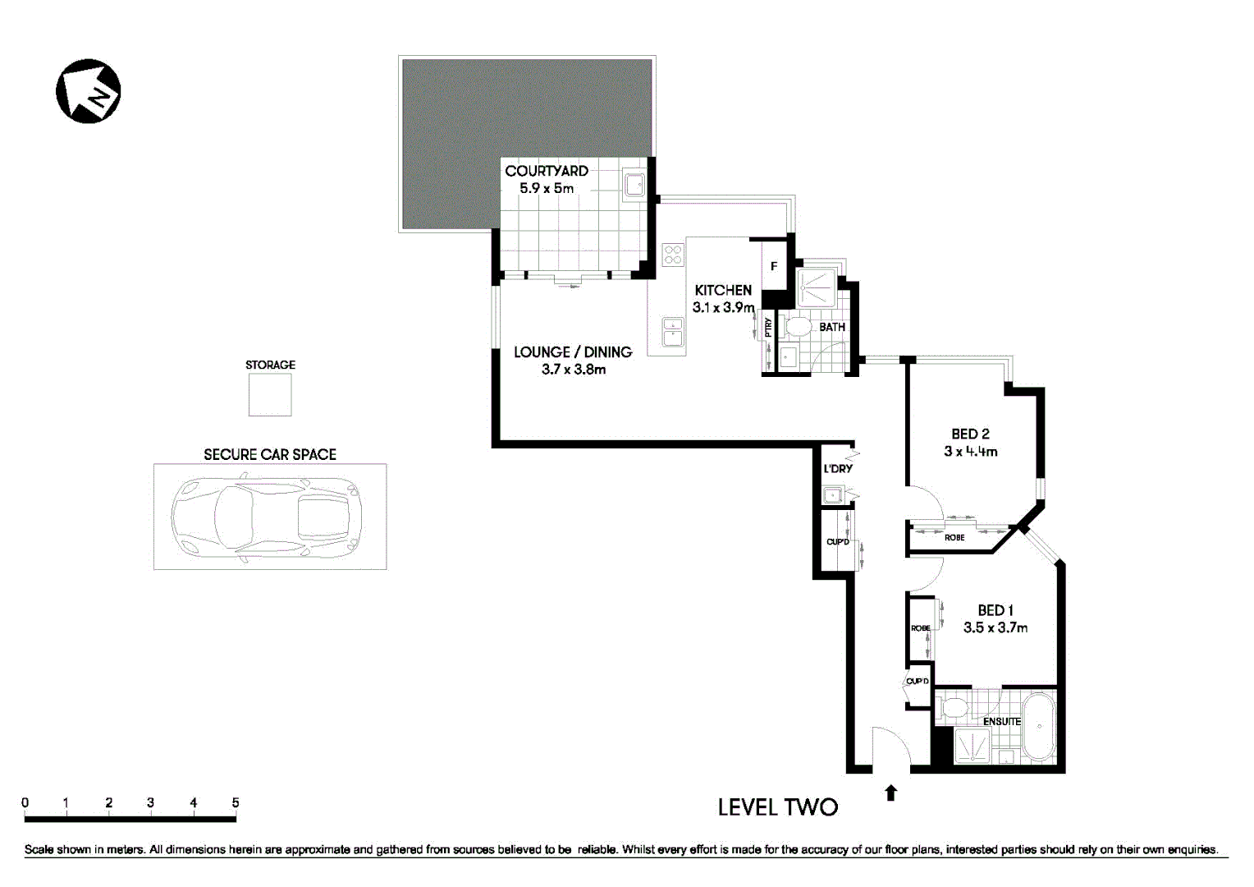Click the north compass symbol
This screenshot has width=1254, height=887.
(x=89, y=91)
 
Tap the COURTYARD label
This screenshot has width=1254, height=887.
(x=546, y=171)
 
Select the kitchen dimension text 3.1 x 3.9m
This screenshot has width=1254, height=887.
(x=723, y=307)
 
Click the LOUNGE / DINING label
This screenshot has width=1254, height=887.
(x=573, y=352)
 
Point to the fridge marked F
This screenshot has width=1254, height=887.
(x=773, y=266)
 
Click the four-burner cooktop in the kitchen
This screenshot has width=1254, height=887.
(x=673, y=255)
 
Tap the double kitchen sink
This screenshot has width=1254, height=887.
(x=674, y=333)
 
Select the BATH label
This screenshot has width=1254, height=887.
(x=831, y=327)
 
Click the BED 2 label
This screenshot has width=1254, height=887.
(x=970, y=434)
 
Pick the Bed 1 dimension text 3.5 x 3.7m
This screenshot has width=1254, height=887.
(x=995, y=627)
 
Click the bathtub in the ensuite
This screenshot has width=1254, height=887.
(x=1039, y=728)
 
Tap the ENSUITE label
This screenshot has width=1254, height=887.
(x=1001, y=721)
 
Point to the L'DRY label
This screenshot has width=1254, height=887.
(x=838, y=468)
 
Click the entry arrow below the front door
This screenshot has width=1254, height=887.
(x=890, y=793)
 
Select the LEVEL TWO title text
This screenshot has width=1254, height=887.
(x=777, y=807)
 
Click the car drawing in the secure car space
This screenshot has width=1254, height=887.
(x=268, y=517)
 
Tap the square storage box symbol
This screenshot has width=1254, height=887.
(x=270, y=395)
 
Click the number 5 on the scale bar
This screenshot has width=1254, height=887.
(x=236, y=803)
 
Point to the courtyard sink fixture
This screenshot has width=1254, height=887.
(x=634, y=185)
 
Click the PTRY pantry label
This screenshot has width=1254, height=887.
(x=768, y=328)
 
